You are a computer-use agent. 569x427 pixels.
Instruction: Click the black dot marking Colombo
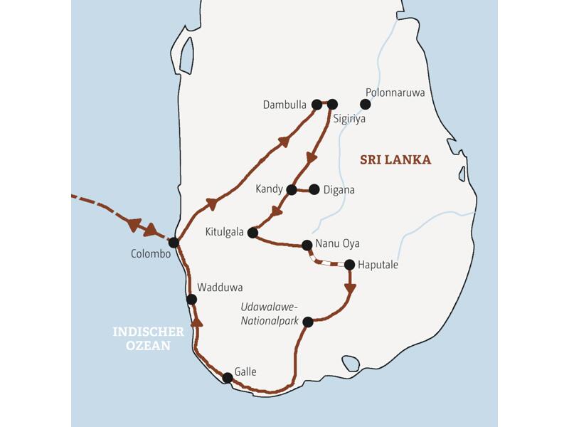click(174, 242)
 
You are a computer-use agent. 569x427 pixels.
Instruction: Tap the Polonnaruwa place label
click(395, 92)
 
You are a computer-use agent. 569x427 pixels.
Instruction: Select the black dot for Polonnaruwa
click(366, 105)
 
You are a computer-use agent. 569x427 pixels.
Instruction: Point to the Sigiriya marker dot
click(332, 105)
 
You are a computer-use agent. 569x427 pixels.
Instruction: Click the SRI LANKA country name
click(395, 160)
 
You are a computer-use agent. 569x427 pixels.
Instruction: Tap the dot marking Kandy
click(291, 189)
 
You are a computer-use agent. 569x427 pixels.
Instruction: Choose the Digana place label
click(339, 190)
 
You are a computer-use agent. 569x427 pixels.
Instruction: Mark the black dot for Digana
click(314, 189)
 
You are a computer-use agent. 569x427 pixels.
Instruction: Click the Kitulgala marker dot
click(252, 232)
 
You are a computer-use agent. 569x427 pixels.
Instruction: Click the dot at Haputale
click(349, 265)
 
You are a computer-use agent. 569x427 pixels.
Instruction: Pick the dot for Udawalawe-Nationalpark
click(308, 322)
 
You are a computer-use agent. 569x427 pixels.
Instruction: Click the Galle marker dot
click(227, 378)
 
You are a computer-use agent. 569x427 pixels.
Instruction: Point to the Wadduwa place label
click(220, 288)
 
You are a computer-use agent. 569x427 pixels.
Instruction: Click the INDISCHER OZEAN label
click(149, 339)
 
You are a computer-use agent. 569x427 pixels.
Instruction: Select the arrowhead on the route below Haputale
click(350, 288)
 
